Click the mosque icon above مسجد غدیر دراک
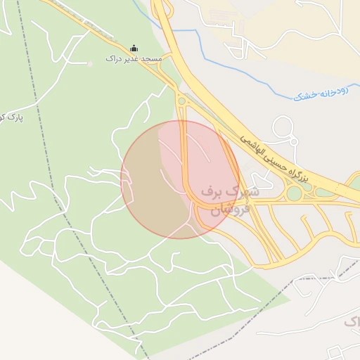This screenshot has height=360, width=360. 134,49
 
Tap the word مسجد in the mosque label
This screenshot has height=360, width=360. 151,60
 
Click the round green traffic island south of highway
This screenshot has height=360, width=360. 294,193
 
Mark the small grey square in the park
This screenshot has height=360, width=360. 90,64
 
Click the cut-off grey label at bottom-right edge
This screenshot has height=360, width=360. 352,322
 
